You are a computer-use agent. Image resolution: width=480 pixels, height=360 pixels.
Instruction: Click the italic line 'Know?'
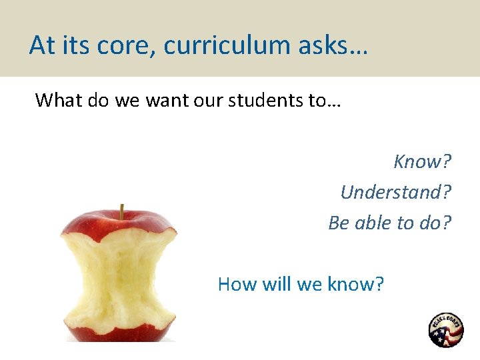[x=423, y=161]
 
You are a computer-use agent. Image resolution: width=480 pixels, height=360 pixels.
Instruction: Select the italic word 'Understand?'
[x=396, y=192]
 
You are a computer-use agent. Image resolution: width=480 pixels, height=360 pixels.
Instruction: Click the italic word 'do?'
[x=435, y=223]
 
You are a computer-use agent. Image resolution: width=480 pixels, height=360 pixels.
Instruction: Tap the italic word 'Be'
[x=339, y=223]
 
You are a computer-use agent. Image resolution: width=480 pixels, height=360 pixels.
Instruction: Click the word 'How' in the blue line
[x=237, y=285]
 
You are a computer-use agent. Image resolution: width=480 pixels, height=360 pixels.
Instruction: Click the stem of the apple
[x=121, y=211]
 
